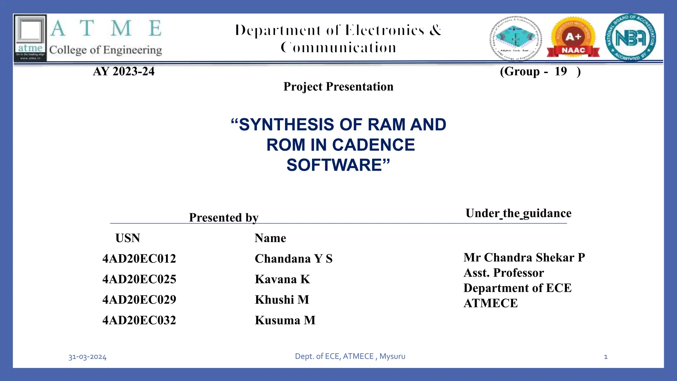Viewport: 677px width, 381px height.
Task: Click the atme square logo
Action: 30,38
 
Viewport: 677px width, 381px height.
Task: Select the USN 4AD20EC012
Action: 139,259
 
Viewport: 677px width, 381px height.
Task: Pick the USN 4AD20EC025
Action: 139,279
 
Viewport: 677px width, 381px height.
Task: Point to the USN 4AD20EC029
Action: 139,300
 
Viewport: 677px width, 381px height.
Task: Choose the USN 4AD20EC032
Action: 139,320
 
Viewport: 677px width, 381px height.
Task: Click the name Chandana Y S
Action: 294,259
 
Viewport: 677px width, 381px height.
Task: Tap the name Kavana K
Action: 282,279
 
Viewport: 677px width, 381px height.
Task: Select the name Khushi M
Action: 282,300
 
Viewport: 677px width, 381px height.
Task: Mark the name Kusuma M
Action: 285,320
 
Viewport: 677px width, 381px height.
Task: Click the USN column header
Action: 128,238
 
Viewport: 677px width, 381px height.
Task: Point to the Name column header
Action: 270,238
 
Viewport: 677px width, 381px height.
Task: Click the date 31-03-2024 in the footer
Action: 87,357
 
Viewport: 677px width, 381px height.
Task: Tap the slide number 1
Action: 606,357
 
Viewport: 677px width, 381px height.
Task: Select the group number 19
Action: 561,71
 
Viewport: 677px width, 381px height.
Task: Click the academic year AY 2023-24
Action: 124,71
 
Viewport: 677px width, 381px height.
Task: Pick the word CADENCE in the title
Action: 373,145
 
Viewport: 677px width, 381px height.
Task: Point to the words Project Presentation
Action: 338,87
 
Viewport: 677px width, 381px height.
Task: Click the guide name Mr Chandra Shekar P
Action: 524,257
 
